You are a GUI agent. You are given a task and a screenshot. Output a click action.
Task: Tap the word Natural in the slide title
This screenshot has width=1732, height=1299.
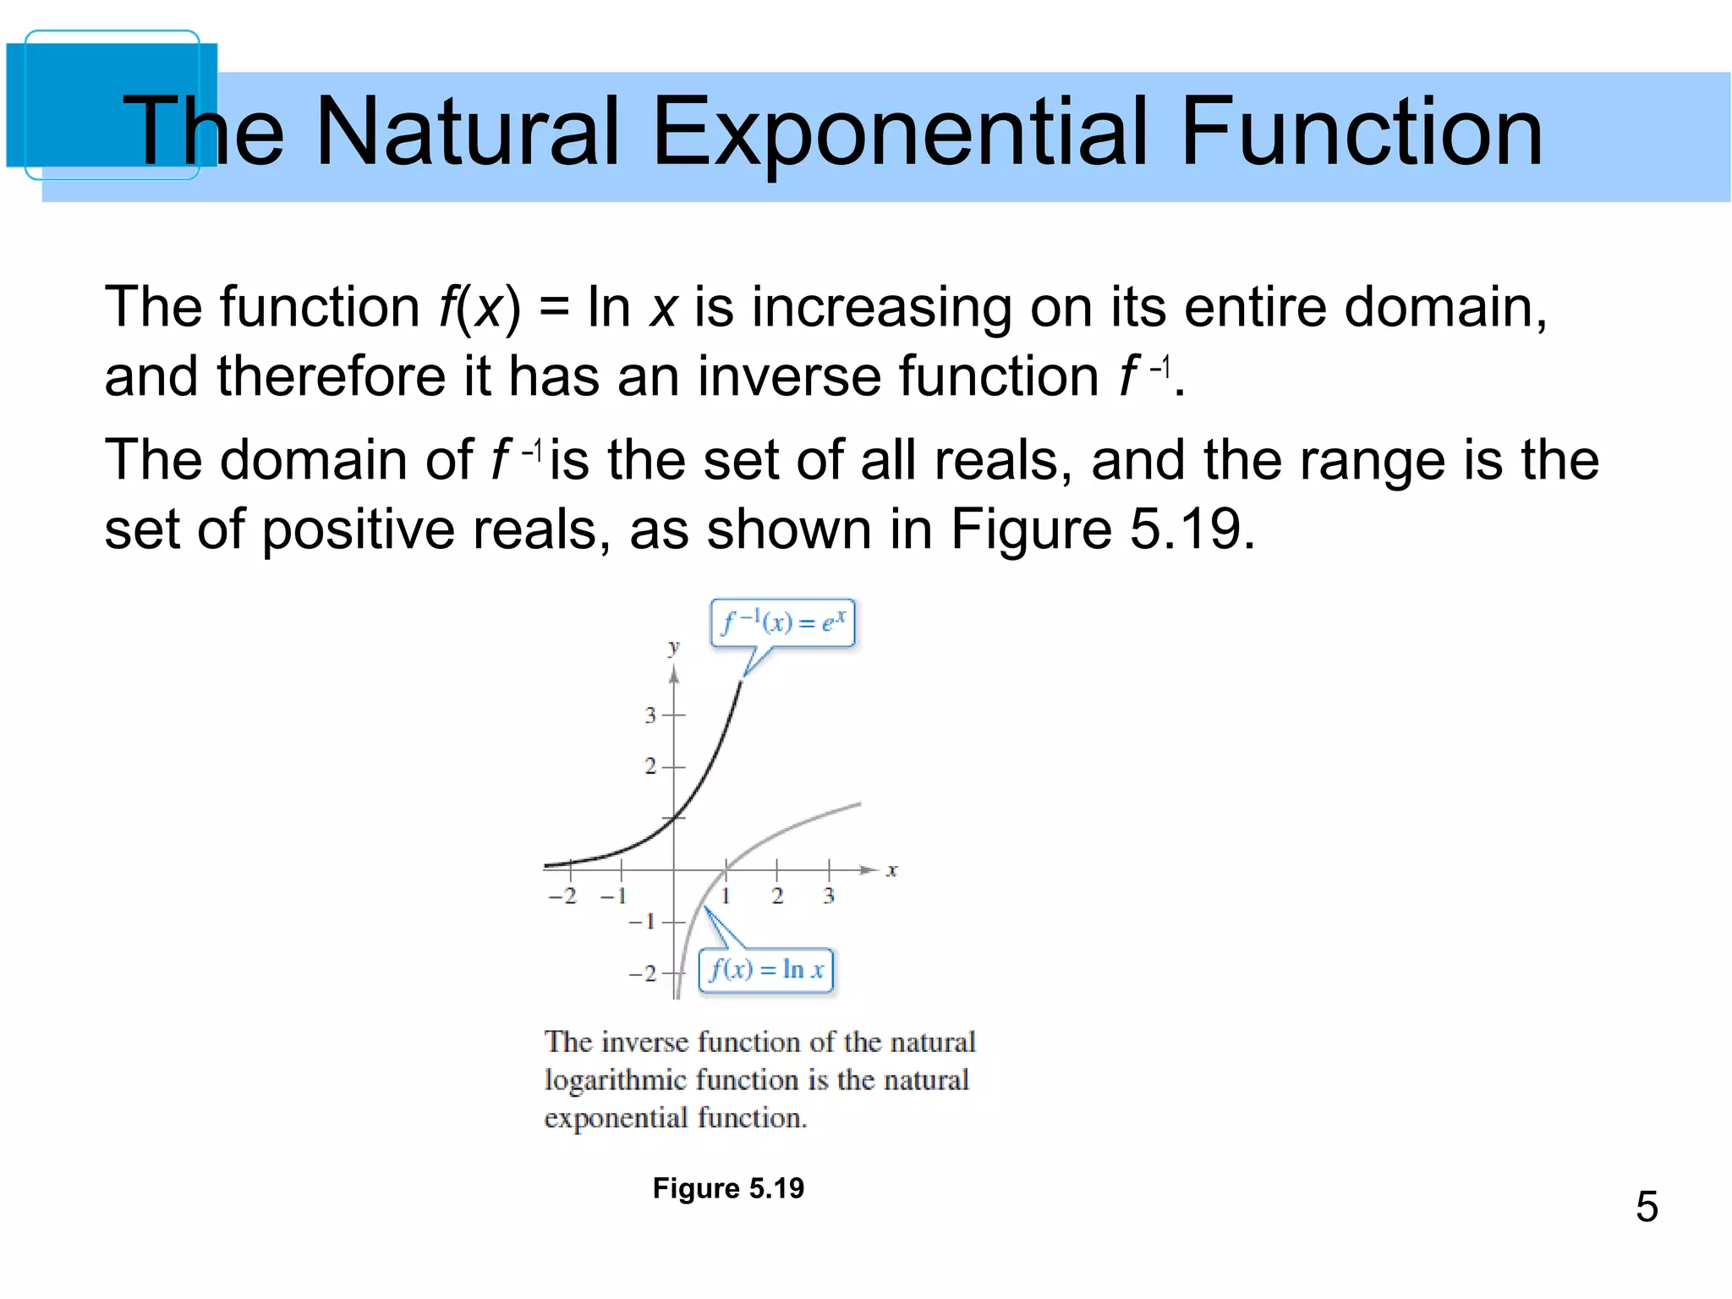click(x=467, y=132)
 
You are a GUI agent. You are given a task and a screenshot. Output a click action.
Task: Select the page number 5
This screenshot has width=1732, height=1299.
click(x=1646, y=1206)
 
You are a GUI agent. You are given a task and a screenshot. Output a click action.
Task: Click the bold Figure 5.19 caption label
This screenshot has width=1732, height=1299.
click(x=728, y=1188)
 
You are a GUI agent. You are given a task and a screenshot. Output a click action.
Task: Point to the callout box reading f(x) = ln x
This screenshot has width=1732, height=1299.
click(x=766, y=970)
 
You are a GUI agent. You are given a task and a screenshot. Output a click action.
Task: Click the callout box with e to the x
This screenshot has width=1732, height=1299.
click(x=783, y=623)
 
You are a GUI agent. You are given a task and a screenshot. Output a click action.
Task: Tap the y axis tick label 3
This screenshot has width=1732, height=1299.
click(x=649, y=715)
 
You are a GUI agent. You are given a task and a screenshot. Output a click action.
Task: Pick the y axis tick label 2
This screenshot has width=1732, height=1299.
click(x=649, y=767)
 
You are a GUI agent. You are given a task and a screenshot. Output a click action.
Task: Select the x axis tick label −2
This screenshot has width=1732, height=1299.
click(x=562, y=896)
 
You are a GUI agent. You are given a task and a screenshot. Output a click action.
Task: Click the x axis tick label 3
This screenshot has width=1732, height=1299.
click(x=829, y=896)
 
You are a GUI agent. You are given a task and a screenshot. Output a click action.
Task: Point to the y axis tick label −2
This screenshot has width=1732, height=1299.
click(x=643, y=974)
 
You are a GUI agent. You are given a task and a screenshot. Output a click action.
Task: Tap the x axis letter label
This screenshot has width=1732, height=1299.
click(x=891, y=870)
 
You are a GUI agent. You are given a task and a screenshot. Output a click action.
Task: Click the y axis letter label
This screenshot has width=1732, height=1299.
click(x=673, y=649)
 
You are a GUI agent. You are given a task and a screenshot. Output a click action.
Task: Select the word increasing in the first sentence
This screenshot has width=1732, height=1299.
click(x=881, y=307)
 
